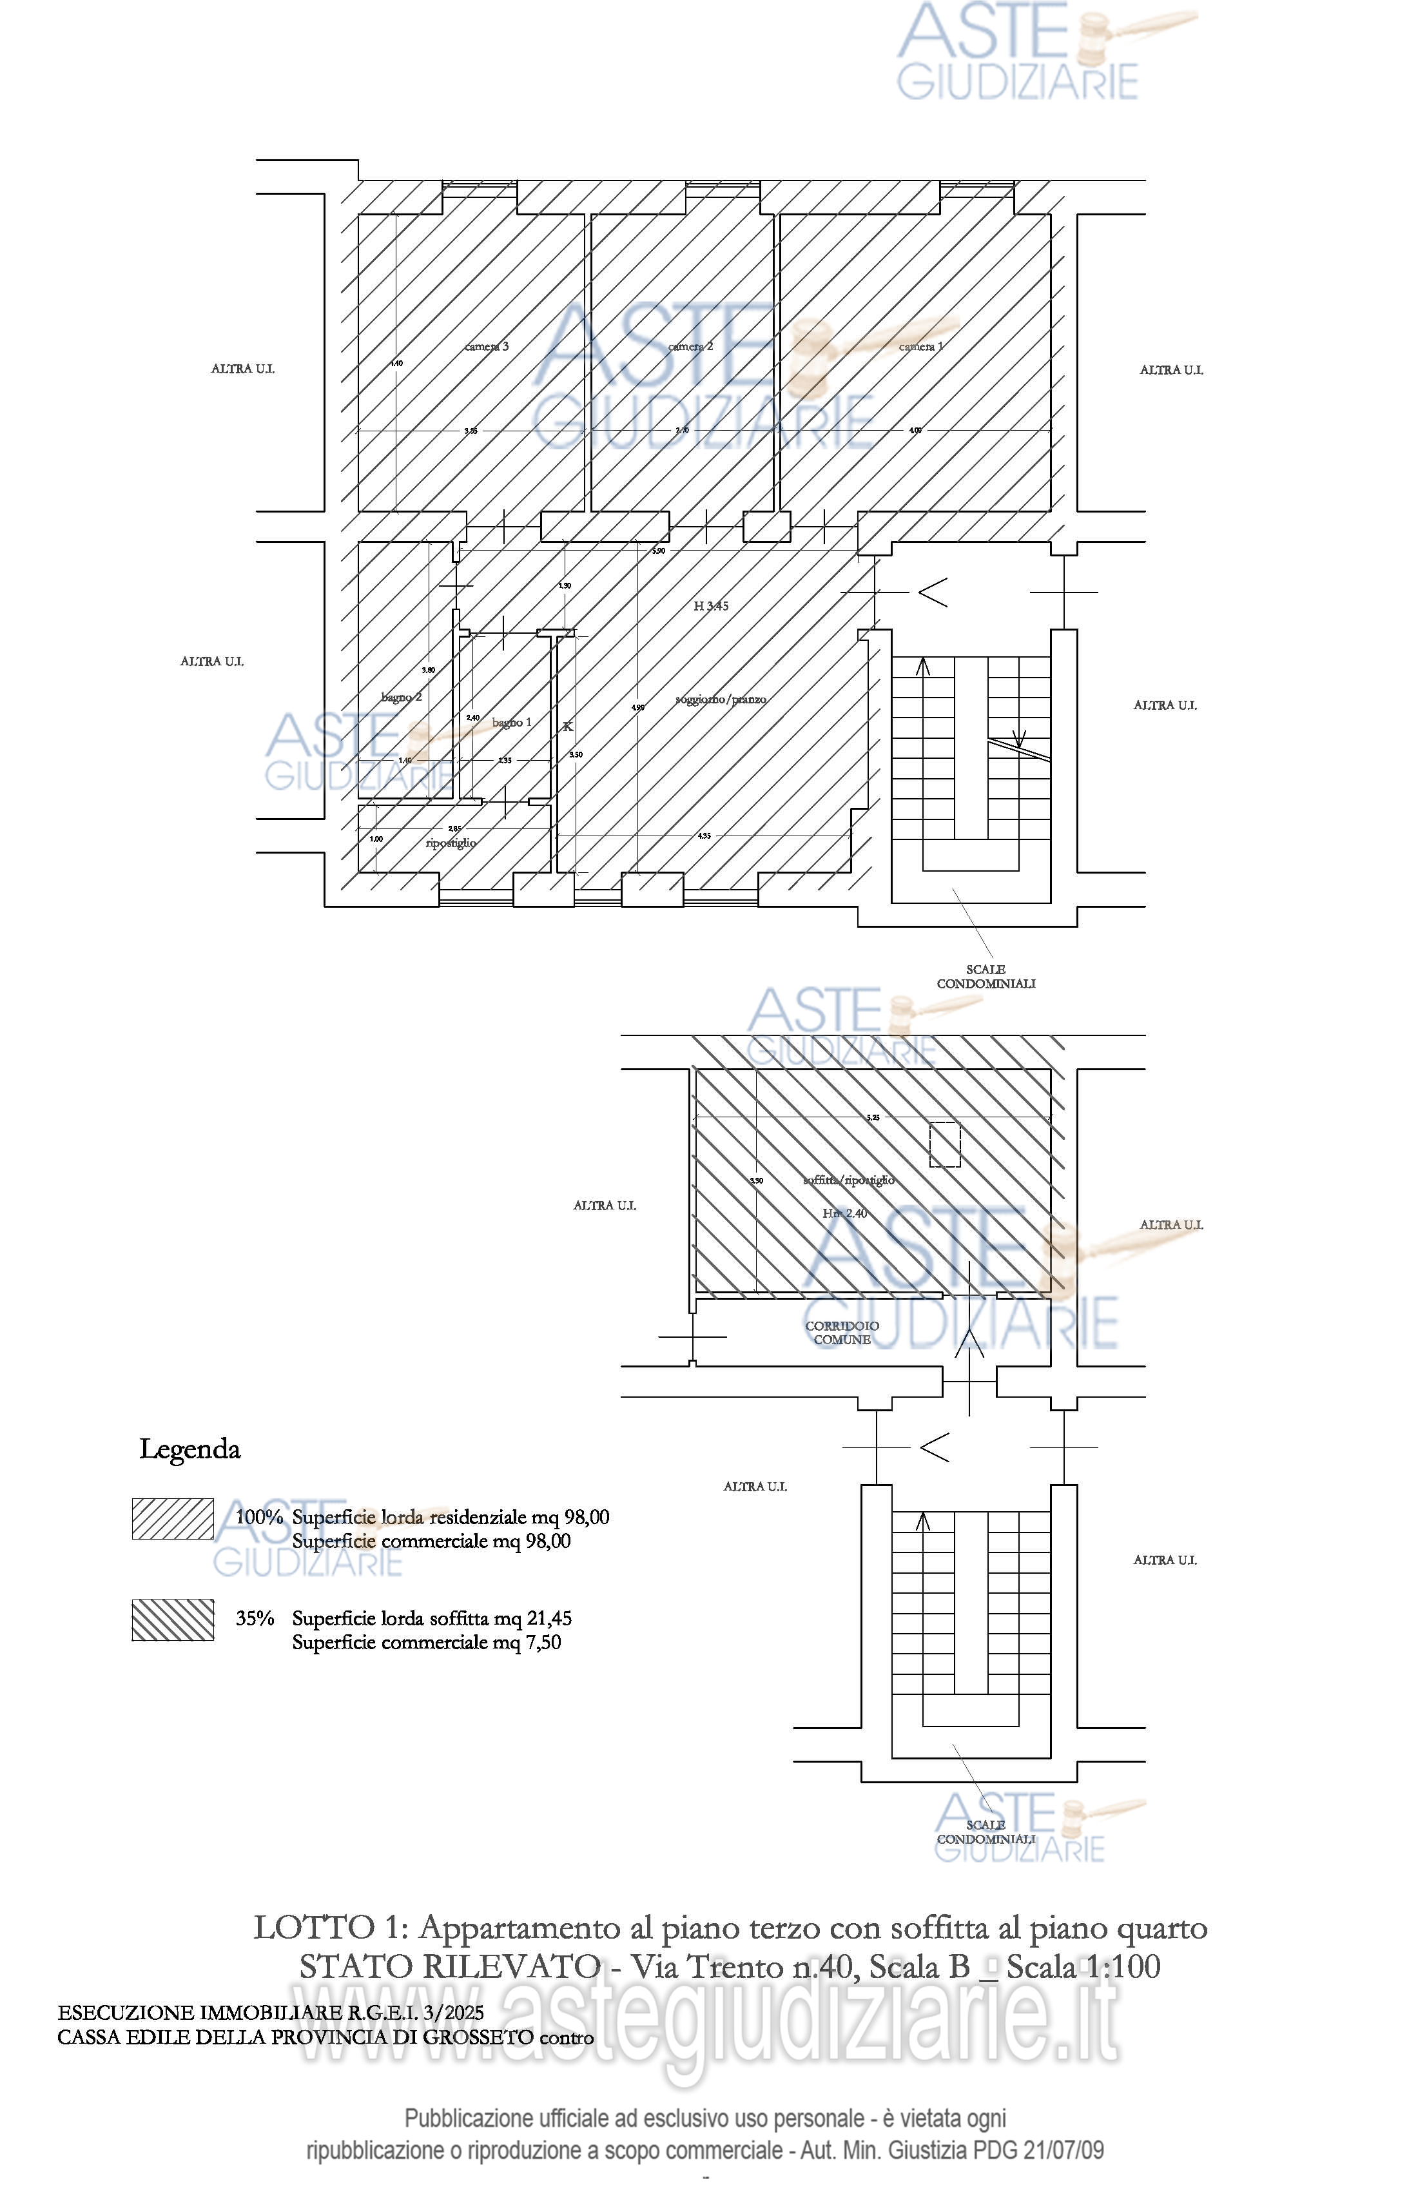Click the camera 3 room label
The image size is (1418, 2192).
click(486, 346)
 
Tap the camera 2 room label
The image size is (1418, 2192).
click(690, 346)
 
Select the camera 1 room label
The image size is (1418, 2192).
click(921, 346)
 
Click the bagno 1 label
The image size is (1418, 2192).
click(512, 722)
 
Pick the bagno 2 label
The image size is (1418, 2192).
click(402, 697)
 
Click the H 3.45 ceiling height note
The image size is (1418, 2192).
click(711, 606)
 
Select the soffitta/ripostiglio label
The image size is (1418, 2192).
click(848, 1180)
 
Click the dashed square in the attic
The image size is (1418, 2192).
click(945, 1145)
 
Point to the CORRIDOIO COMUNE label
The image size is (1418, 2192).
click(842, 1333)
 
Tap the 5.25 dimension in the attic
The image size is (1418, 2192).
click(873, 1117)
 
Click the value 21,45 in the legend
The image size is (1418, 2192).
click(550, 1618)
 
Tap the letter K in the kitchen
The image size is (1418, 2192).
click(568, 727)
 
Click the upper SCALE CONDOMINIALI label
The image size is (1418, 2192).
click(986, 976)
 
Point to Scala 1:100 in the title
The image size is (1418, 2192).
click(1083, 1966)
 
